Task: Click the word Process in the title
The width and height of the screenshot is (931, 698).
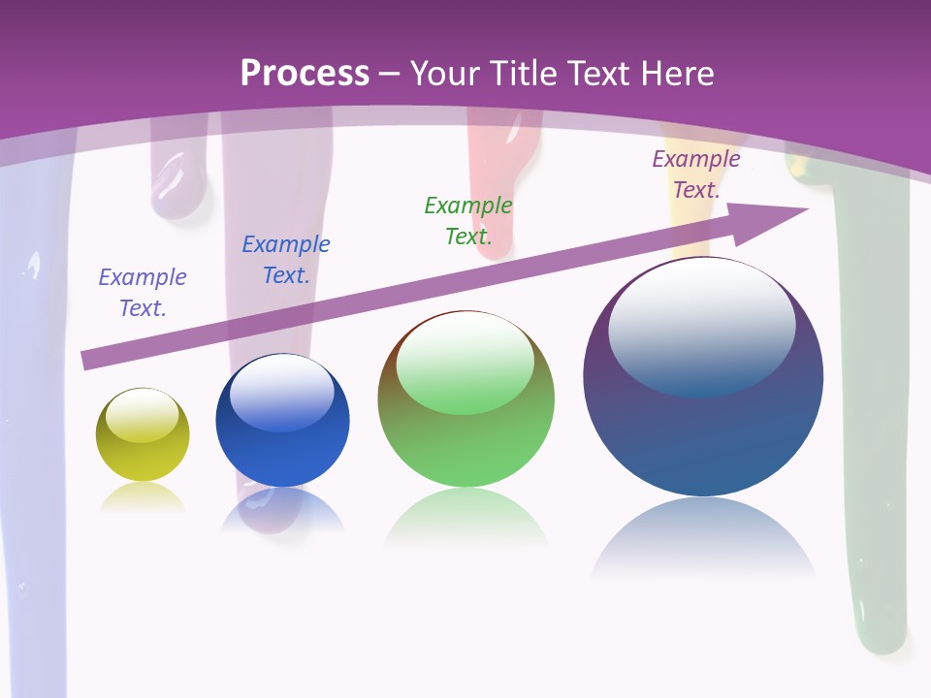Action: pos(305,74)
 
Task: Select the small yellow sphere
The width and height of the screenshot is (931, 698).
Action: pos(143,435)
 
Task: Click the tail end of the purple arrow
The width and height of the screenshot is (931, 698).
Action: pos(87,361)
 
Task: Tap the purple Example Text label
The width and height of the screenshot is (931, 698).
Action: pos(696,174)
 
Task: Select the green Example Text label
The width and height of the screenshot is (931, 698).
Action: pos(468,220)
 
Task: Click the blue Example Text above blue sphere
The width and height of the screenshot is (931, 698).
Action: pos(285,259)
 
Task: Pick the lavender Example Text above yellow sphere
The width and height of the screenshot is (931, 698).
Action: pos(142,292)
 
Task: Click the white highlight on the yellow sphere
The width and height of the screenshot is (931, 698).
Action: pos(142,415)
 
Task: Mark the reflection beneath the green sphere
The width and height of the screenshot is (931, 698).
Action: pos(465,519)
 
